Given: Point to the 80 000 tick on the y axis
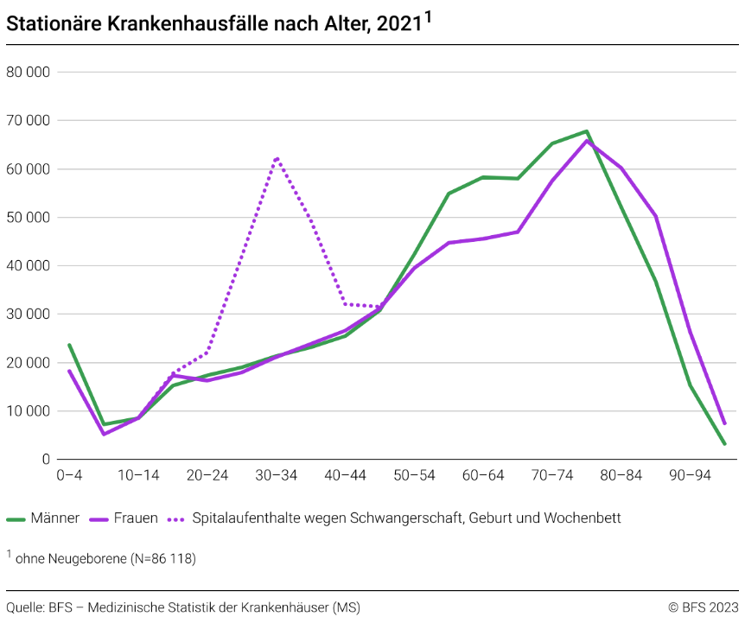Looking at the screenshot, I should pos(29,72).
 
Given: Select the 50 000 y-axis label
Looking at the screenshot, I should pos(29,217).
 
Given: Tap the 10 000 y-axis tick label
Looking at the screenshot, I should pos(29,410).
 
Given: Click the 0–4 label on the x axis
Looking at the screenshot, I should pos(69,474).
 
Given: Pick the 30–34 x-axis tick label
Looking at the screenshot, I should pos(276,474).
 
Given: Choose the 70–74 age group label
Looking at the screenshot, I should pos(552,474).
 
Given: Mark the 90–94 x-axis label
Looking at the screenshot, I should pos(691,474).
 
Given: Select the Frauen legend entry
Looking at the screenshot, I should pos(124,518).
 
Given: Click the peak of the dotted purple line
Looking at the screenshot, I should pos(276,158).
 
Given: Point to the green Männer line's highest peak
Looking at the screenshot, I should pos(587,131).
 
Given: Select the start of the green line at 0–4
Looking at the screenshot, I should pos(69,345).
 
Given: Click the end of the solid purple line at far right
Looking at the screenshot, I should pos(724,423).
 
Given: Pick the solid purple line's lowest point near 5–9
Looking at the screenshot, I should pos(104,434).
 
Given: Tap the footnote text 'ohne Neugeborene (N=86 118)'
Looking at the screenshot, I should pos(105,559).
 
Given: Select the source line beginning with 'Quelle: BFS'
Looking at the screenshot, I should pos(182,607).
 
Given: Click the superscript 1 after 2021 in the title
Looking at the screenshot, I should pos(428,16).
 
